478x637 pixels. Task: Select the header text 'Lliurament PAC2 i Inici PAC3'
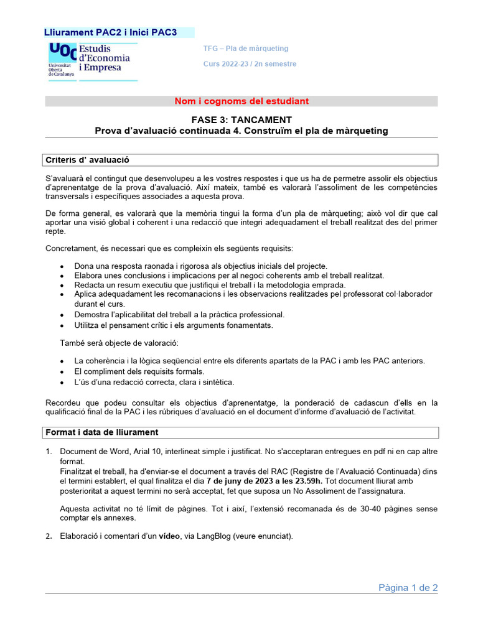(x=110, y=32)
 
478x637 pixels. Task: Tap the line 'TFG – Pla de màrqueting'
(x=246, y=49)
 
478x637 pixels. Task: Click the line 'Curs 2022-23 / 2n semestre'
(x=250, y=64)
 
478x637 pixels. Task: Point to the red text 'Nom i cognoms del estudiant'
(x=241, y=101)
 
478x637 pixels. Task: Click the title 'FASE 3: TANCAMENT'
(x=241, y=119)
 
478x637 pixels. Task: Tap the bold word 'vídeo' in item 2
(x=169, y=536)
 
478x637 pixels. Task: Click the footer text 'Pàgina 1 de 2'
(x=408, y=587)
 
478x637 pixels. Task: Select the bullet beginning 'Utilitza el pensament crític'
(x=173, y=325)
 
